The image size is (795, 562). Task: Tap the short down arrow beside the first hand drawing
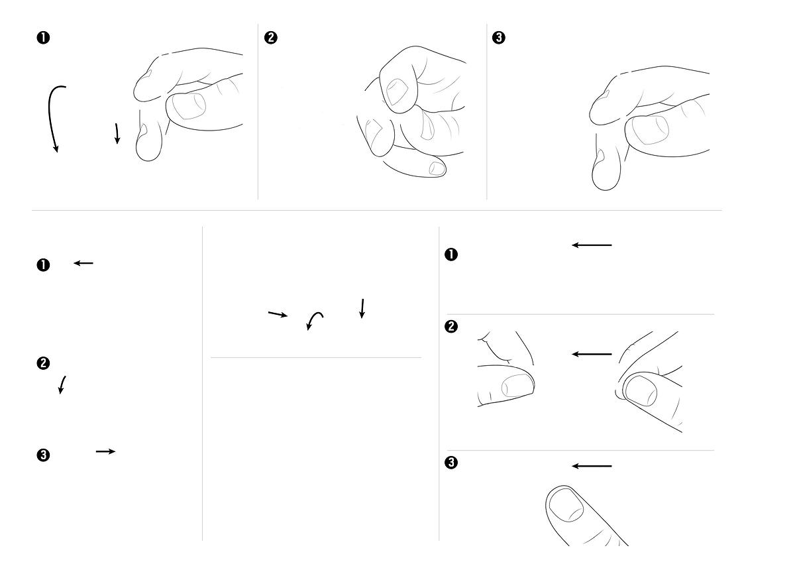coord(117,133)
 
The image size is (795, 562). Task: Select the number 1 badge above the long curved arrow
coord(43,38)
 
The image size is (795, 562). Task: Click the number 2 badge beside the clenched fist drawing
coord(271,38)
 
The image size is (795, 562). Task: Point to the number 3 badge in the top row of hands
coord(499,38)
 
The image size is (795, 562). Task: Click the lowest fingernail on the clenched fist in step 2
coord(437,168)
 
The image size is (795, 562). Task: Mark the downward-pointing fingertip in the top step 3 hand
coord(606,174)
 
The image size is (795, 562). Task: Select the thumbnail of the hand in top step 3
coord(650,130)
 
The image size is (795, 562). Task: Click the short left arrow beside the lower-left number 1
coord(83,263)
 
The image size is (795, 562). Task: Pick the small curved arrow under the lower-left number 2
coord(62,385)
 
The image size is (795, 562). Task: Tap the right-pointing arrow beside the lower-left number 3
coord(106,451)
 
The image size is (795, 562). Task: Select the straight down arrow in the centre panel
coord(362,309)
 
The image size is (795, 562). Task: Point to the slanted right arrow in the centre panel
coord(278,314)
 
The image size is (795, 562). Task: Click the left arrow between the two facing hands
coord(592,354)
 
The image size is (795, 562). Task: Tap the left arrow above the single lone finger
coord(592,466)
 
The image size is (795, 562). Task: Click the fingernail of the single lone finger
coord(566,505)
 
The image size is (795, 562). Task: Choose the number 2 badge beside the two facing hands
coord(451,327)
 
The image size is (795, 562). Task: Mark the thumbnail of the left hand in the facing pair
coord(517,385)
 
